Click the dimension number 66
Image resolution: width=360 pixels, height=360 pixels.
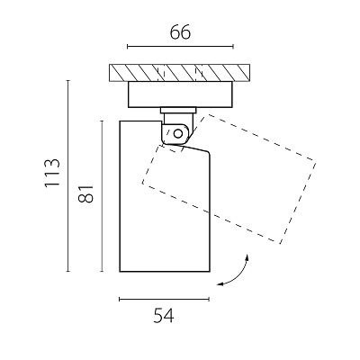(x=180, y=32)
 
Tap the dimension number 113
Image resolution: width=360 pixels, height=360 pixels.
(x=52, y=174)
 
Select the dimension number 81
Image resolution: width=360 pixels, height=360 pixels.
(x=85, y=193)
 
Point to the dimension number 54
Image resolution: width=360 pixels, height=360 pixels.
(x=164, y=316)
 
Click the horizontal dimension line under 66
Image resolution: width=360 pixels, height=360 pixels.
(x=180, y=47)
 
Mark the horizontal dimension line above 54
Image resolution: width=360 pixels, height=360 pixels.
(x=164, y=299)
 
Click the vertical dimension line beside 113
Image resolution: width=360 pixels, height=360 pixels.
(x=68, y=176)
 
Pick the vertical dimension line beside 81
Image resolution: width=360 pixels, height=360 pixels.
(x=102, y=196)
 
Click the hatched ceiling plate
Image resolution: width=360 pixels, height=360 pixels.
(x=179, y=73)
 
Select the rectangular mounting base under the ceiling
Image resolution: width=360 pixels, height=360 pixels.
(x=180, y=94)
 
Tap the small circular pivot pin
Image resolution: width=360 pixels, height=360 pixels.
(x=178, y=133)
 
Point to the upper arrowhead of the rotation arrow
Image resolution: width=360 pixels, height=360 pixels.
(x=247, y=256)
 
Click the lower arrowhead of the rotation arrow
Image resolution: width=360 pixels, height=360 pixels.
(x=220, y=283)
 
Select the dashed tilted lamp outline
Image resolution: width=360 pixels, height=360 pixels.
(x=229, y=179)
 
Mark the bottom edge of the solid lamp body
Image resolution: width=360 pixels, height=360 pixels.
(x=165, y=272)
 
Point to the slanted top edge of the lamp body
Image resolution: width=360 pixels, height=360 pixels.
(x=195, y=148)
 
